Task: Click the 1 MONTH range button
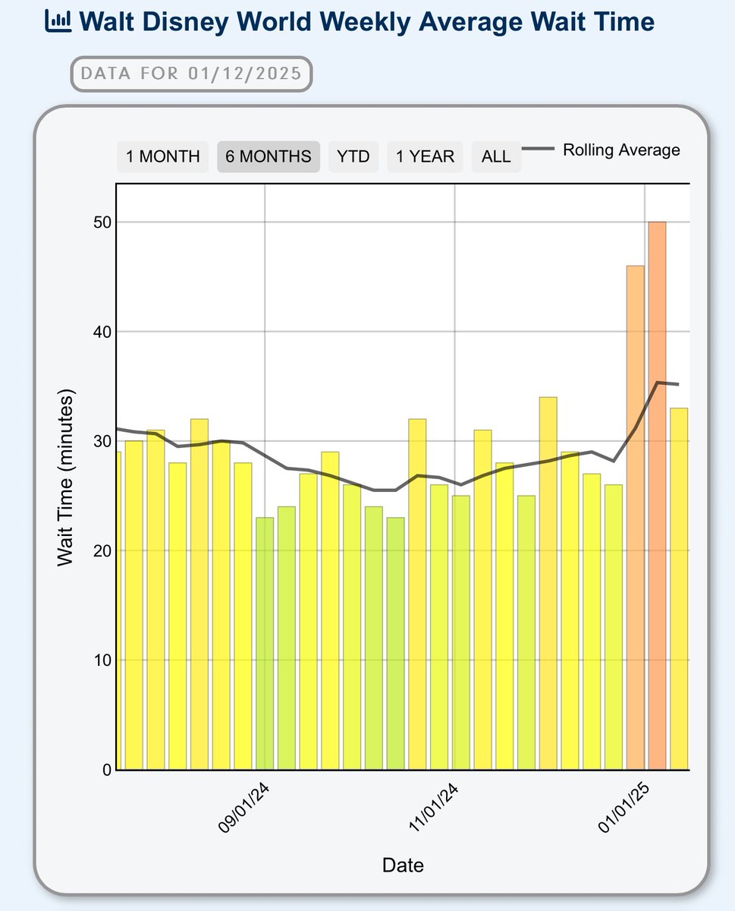162,156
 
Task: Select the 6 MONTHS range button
269,156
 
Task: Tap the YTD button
353,156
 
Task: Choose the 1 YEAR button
425,156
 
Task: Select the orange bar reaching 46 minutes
635,516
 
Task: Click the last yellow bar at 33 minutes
679,588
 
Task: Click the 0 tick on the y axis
105,770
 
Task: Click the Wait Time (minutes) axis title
66,478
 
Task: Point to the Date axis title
403,865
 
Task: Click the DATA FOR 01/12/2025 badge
191,74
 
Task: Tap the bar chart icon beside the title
58,20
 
